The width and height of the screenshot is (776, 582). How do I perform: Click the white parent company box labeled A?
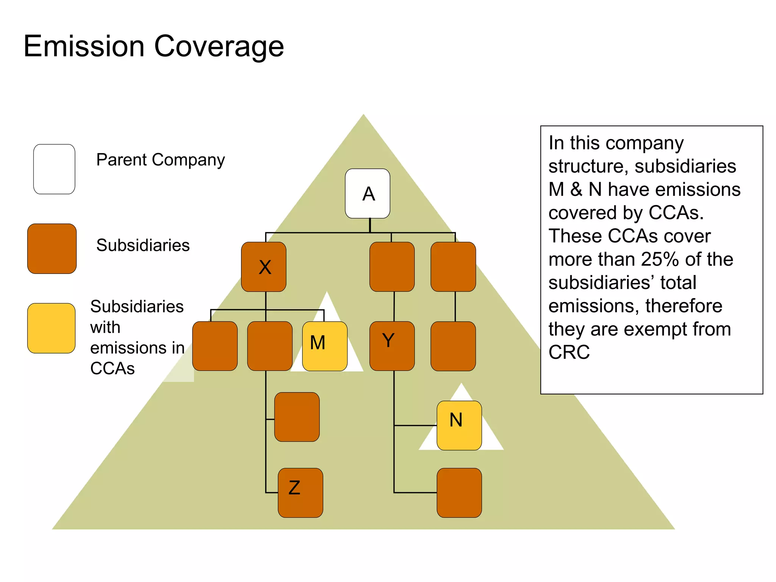click(x=367, y=193)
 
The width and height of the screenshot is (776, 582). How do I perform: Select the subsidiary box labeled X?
click(x=264, y=267)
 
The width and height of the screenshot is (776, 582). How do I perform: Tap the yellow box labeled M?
click(x=325, y=346)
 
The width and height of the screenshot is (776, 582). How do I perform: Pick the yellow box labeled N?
click(x=459, y=425)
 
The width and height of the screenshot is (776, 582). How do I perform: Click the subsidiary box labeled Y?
click(x=392, y=346)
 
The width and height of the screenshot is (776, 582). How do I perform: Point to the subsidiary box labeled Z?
click(x=300, y=493)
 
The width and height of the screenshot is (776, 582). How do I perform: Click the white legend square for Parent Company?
click(x=54, y=169)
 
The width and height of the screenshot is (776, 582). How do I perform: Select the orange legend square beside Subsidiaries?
click(x=52, y=249)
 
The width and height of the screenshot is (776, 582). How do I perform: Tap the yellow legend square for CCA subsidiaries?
click(x=51, y=328)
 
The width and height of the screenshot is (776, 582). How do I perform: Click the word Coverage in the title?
click(x=219, y=46)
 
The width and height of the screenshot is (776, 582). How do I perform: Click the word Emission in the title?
click(x=84, y=46)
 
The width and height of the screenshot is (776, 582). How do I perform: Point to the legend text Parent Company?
click(x=160, y=160)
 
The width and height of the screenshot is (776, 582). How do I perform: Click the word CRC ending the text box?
click(x=569, y=352)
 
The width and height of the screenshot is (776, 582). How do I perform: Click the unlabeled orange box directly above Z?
click(x=297, y=417)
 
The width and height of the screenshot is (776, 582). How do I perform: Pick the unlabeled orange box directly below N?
click(x=459, y=493)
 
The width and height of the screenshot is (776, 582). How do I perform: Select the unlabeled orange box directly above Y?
click(x=392, y=267)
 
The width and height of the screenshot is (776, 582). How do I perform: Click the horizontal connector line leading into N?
click(x=415, y=426)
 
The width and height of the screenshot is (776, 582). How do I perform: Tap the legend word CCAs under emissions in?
click(x=112, y=369)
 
